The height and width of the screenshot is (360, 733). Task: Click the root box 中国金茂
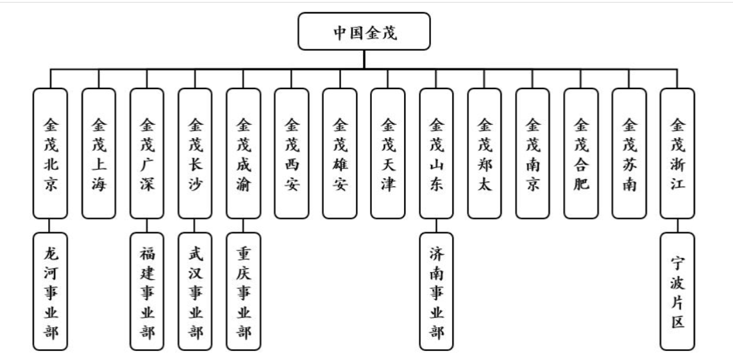click(364, 31)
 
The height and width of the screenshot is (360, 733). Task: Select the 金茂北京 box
click(50, 153)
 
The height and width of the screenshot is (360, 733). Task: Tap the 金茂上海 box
click(99, 153)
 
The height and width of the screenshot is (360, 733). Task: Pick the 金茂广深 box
click(147, 153)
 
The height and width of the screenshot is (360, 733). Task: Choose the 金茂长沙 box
click(195, 153)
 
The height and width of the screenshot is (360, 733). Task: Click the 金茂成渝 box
click(244, 153)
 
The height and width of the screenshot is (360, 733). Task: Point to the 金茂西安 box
click(292, 153)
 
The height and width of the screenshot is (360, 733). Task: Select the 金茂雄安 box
click(340, 153)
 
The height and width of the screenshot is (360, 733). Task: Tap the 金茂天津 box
click(388, 153)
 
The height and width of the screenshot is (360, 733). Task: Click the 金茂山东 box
click(437, 153)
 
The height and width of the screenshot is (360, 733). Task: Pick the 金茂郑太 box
click(485, 153)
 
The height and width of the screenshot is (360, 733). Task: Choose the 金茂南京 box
click(533, 153)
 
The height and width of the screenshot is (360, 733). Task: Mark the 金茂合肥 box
click(581, 153)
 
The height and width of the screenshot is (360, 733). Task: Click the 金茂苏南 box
click(629, 153)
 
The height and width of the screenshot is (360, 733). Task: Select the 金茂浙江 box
click(677, 153)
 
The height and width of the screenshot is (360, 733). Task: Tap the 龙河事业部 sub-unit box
click(50, 291)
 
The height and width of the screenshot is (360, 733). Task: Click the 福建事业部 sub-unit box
click(147, 291)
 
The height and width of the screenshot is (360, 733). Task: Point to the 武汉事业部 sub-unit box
click(195, 291)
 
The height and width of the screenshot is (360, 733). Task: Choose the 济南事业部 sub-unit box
click(437, 291)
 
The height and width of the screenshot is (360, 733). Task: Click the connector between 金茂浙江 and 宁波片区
click(677, 225)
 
